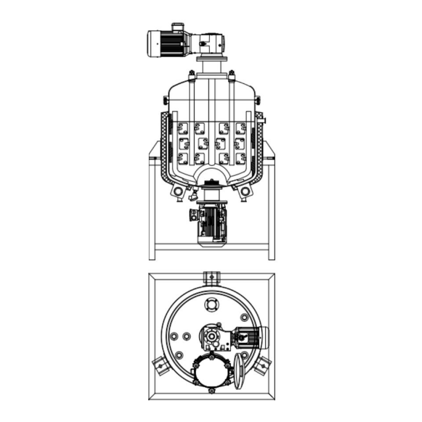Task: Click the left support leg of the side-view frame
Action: (x=152, y=206)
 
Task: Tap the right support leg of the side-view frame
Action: (x=272, y=206)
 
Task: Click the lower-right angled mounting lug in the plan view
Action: (x=262, y=365)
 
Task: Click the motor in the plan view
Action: (x=251, y=338)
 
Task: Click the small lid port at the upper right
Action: (x=244, y=318)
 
